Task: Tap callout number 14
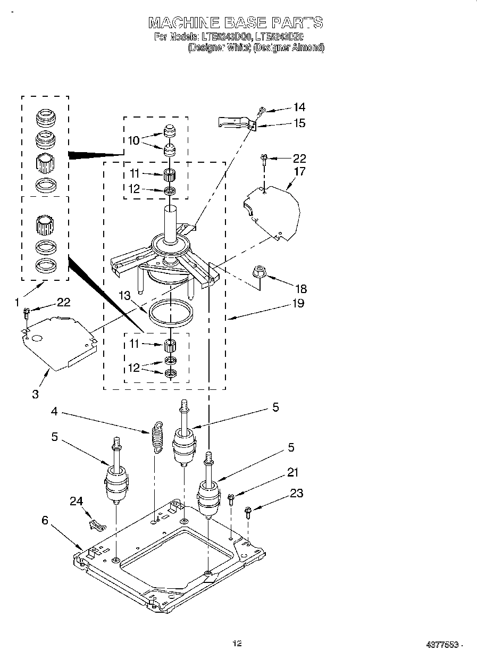coord(299,107)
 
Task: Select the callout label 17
coord(299,172)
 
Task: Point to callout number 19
coord(298,303)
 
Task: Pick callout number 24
coord(77,500)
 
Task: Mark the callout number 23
coord(296,494)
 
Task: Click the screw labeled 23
coord(248,512)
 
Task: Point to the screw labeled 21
coord(231,498)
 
